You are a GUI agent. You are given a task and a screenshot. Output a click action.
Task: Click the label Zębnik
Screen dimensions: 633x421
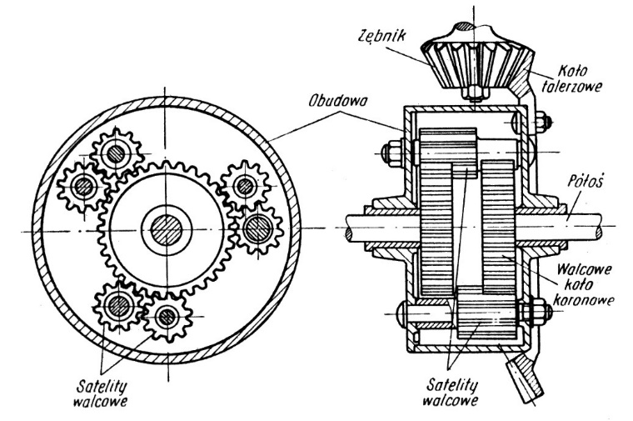(381, 36)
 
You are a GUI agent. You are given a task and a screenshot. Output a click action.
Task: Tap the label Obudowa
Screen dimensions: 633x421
(337, 101)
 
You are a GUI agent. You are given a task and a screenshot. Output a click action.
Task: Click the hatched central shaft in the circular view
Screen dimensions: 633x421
(167, 230)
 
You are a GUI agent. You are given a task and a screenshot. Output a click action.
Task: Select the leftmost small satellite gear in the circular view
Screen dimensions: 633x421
(83, 187)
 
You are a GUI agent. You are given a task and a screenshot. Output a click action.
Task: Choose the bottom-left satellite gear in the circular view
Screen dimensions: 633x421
(119, 306)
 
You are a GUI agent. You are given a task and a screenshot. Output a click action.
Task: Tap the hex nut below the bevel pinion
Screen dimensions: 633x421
(474, 93)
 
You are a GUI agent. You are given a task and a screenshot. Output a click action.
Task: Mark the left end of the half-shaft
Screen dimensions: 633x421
(347, 228)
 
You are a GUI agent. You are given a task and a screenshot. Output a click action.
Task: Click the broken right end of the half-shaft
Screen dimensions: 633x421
(600, 228)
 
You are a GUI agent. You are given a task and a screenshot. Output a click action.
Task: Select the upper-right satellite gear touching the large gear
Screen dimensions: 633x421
(244, 186)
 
